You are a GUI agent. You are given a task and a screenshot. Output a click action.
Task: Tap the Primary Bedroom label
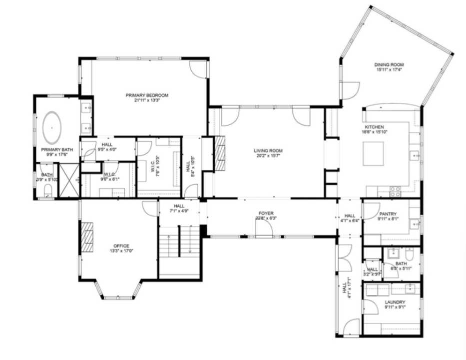point(147,95)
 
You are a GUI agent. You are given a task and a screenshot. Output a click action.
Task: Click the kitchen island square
point(373,153)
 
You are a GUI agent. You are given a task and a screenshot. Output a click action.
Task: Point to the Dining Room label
point(389,64)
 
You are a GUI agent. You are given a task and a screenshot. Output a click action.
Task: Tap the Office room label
point(121,245)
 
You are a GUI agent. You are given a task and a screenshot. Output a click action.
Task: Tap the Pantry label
point(387,213)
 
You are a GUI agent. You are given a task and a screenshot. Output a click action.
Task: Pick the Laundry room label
point(395,302)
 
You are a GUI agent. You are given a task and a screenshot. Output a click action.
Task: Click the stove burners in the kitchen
point(395,190)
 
